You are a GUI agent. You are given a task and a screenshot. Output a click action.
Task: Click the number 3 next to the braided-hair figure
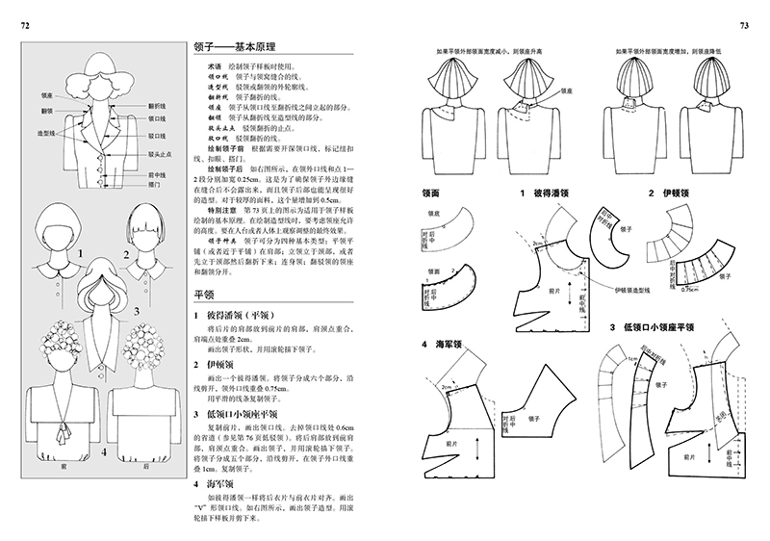tap(138, 310)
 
